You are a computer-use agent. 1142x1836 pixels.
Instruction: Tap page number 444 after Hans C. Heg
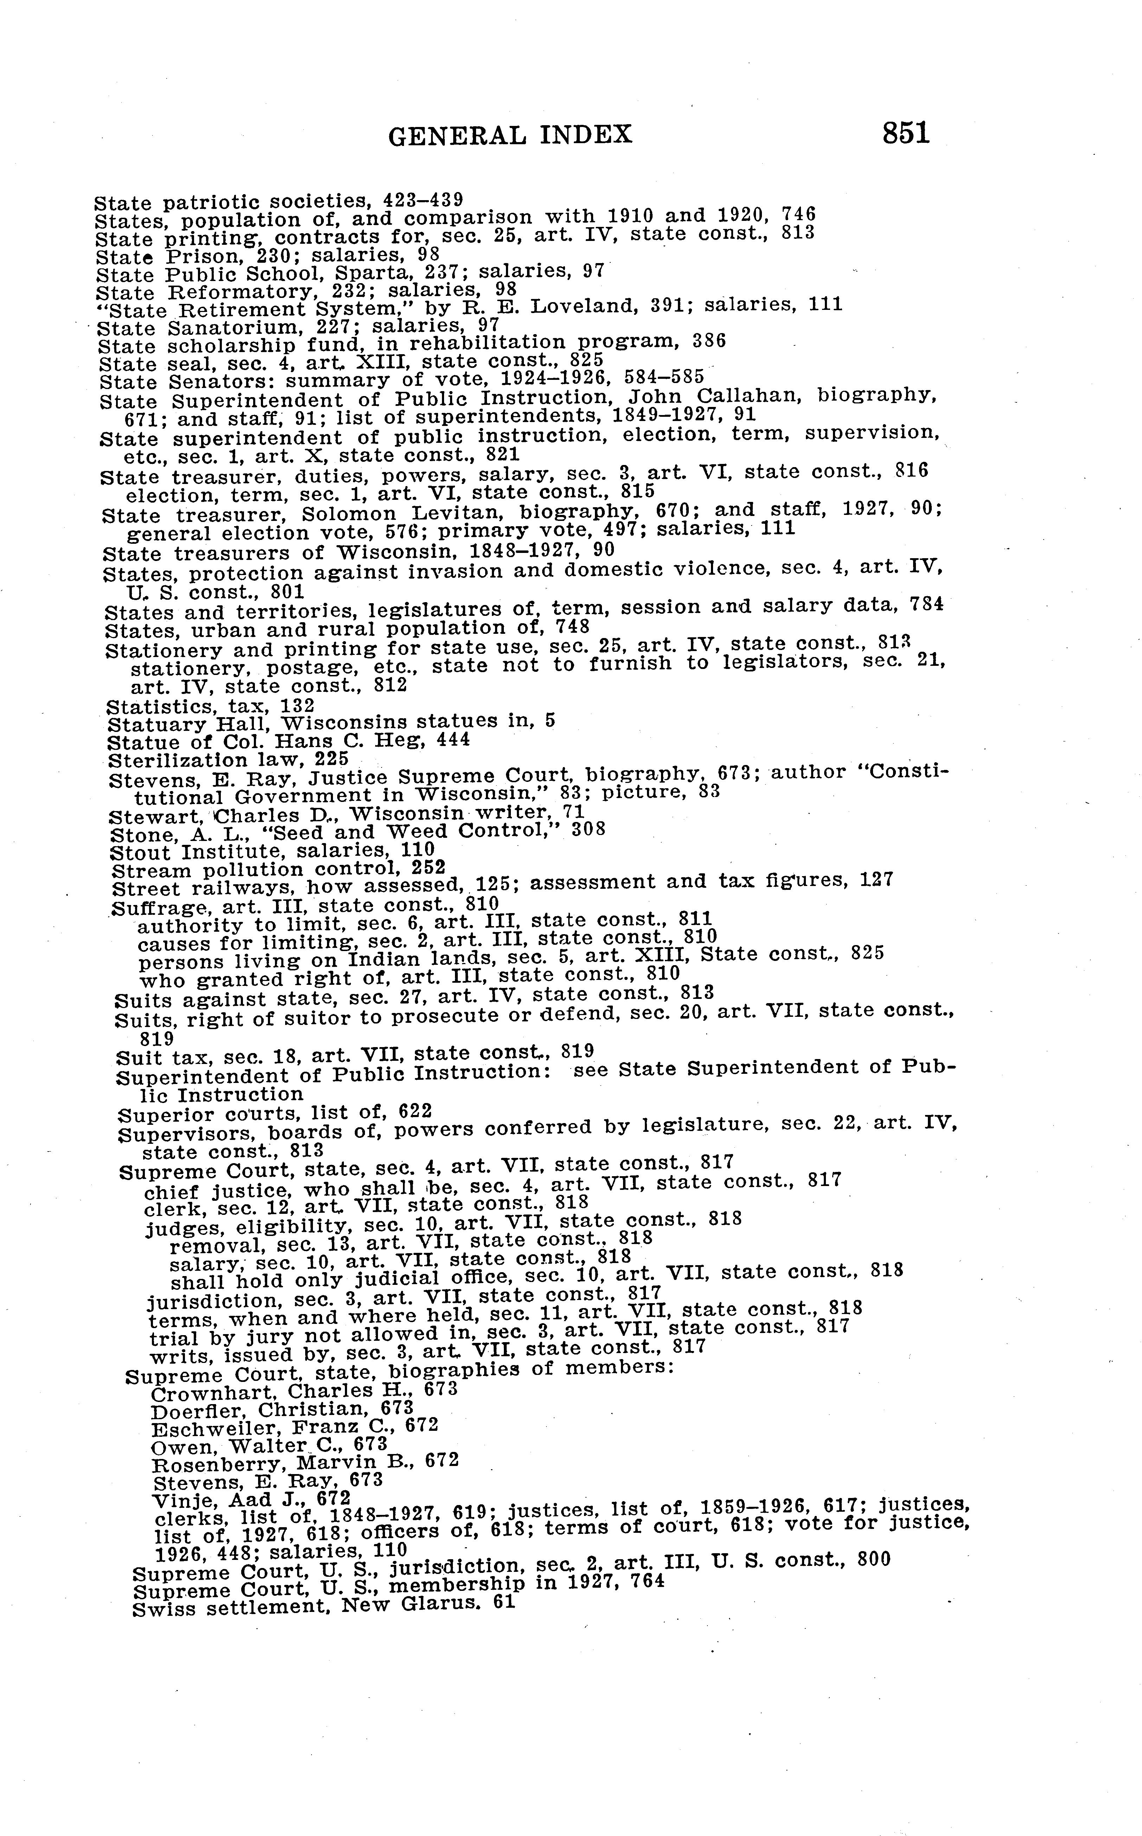(x=454, y=740)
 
